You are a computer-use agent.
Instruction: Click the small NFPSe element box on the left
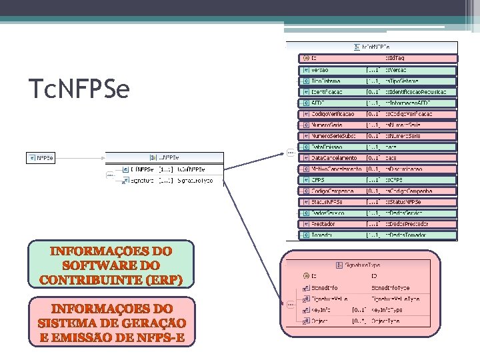41,158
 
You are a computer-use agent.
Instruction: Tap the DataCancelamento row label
334,158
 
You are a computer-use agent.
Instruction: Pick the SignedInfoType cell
395,288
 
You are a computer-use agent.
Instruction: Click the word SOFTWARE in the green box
111,265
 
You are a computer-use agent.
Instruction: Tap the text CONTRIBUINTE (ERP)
111,279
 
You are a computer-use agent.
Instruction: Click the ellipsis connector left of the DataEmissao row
291,153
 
